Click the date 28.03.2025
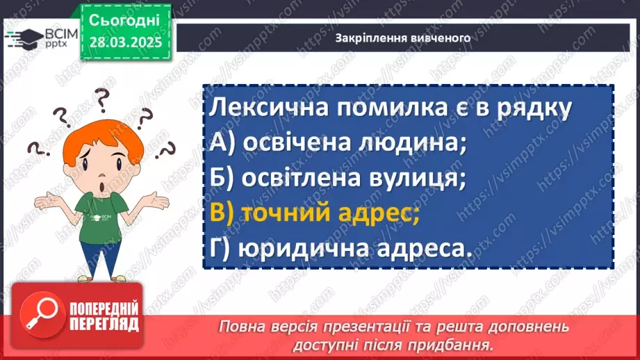click(125, 42)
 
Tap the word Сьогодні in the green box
click(125, 20)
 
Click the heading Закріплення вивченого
click(403, 38)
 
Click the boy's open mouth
click(102, 188)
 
